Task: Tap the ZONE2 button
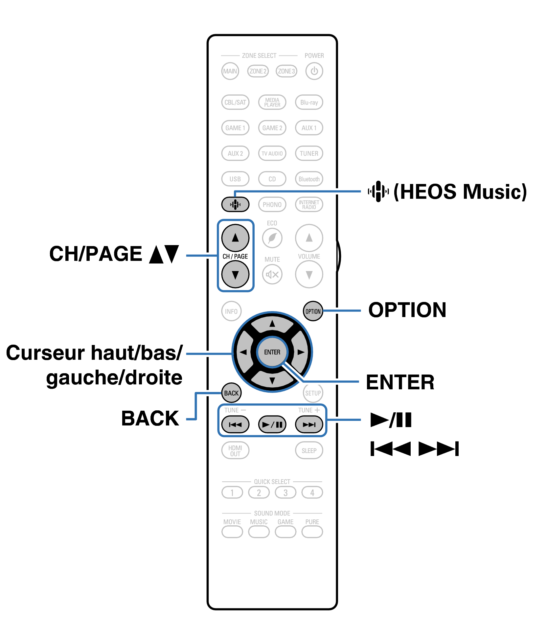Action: [258, 71]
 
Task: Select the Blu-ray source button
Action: [309, 102]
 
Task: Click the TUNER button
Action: [309, 153]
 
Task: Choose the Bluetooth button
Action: [309, 179]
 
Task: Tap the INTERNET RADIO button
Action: [309, 204]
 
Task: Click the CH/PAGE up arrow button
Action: [235, 238]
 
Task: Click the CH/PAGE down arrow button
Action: [235, 274]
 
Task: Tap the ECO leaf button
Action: [272, 238]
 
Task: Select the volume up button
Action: [309, 238]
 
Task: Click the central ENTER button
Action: [272, 352]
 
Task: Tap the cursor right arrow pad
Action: [300, 352]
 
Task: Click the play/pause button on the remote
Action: [272, 424]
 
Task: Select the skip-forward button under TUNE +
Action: [309, 424]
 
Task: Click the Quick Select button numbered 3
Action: [285, 492]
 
